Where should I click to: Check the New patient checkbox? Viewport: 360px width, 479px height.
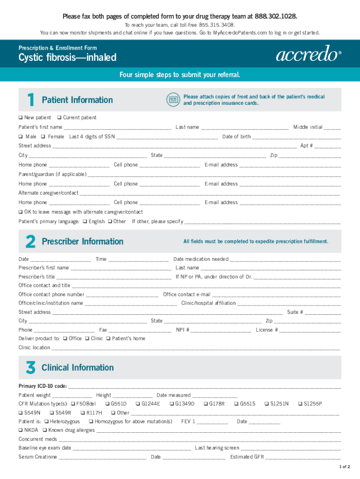(21, 117)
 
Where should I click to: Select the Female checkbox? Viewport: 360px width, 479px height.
(43, 137)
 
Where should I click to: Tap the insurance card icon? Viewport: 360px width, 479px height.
(173, 99)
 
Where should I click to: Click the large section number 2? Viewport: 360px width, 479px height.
(30, 241)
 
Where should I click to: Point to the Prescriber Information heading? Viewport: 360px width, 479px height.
(82, 241)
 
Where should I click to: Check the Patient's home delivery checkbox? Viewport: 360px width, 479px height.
(108, 338)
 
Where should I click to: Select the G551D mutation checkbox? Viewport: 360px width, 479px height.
(108, 404)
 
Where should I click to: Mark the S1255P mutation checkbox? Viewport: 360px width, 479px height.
(300, 404)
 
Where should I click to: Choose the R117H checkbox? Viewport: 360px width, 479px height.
(83, 413)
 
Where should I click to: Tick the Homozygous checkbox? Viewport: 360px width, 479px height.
(91, 421)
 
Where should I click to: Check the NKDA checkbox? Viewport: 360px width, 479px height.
(21, 430)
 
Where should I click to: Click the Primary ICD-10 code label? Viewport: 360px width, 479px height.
(42, 386)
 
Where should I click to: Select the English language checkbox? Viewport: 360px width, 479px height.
(85, 221)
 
